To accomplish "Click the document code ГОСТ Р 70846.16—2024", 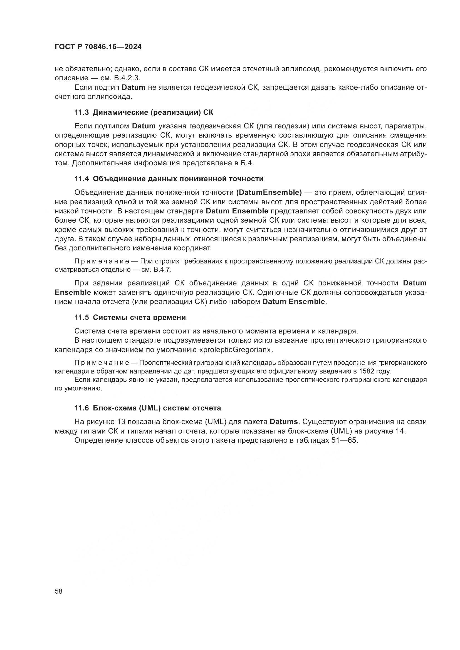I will [x=98, y=47].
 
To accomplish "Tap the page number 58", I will [x=59, y=591].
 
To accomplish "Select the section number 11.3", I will [x=81, y=112].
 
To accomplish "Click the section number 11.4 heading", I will [x=81, y=179].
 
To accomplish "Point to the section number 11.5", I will [x=81, y=317].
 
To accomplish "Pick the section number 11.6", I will [x=81, y=408].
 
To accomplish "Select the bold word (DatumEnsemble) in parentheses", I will [x=269, y=193].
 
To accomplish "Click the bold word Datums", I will [x=283, y=422].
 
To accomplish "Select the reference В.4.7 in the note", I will [x=162, y=270].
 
